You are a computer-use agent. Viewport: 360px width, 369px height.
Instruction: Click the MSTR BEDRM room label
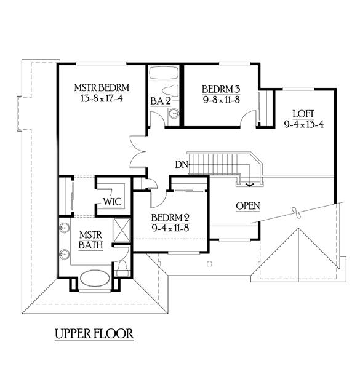102,88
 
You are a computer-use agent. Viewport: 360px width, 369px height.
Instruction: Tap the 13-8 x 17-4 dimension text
102,98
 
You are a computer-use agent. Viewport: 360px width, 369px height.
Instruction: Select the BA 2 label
161,101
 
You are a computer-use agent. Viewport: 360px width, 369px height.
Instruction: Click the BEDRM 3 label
221,89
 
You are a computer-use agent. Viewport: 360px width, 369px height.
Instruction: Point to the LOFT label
303,114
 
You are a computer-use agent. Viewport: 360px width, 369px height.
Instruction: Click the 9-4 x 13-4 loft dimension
304,124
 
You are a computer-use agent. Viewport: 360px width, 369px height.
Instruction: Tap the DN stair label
182,164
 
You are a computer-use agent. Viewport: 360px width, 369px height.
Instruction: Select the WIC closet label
113,202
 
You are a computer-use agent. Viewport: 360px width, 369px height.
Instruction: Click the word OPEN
248,206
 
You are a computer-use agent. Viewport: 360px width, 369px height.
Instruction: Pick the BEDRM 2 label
170,218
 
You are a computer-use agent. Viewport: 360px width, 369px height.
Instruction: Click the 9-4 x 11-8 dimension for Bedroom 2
170,228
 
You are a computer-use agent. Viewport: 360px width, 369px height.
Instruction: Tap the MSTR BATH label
90,240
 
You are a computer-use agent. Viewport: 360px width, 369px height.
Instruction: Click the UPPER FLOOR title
94,334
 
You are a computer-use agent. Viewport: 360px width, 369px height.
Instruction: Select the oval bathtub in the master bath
95,279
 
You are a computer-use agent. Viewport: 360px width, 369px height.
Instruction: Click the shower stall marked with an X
122,230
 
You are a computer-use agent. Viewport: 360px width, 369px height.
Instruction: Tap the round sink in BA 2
174,113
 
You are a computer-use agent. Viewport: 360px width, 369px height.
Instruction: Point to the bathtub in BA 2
164,73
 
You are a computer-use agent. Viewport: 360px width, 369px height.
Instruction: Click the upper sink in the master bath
64,228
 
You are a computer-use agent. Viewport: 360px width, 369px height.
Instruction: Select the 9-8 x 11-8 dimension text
222,100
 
